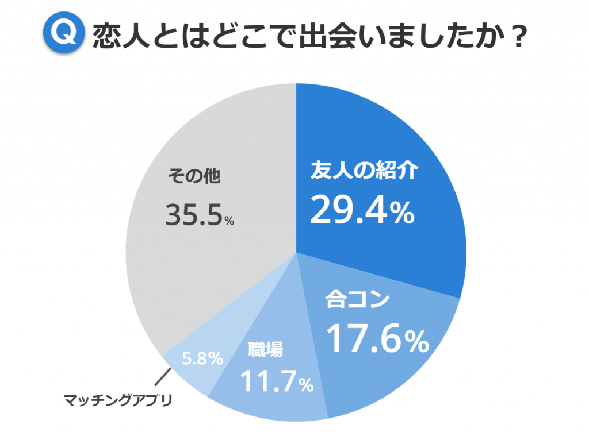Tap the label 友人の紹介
(362, 171)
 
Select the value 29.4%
(362, 209)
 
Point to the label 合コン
(357, 300)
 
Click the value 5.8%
(202, 359)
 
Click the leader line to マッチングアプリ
(163, 377)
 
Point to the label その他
(194, 175)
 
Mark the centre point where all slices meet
(296, 252)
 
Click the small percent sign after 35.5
(229, 221)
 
